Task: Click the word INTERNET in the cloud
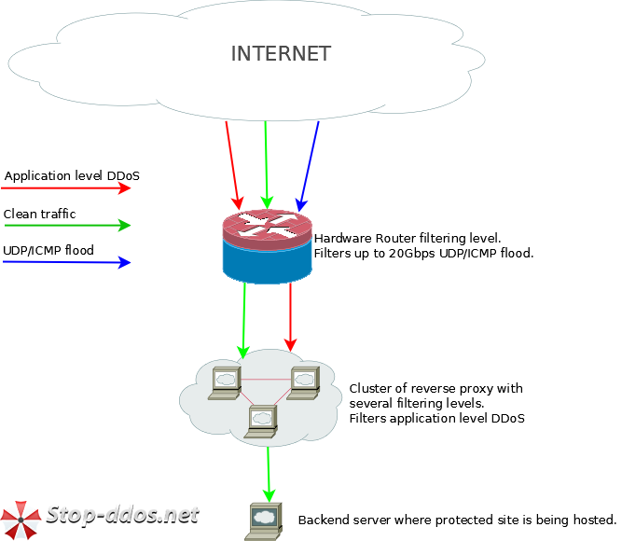[281, 53]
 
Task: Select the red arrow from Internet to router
[233, 163]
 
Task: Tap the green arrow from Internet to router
[267, 163]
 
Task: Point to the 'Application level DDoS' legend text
[72, 175]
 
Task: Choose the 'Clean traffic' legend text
[40, 215]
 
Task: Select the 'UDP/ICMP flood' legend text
[48, 250]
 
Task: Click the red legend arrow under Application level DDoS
[65, 187]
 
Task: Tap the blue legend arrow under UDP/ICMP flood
[65, 262]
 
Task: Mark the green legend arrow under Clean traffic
[65, 225]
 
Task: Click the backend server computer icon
[262, 520]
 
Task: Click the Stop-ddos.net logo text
[122, 514]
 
